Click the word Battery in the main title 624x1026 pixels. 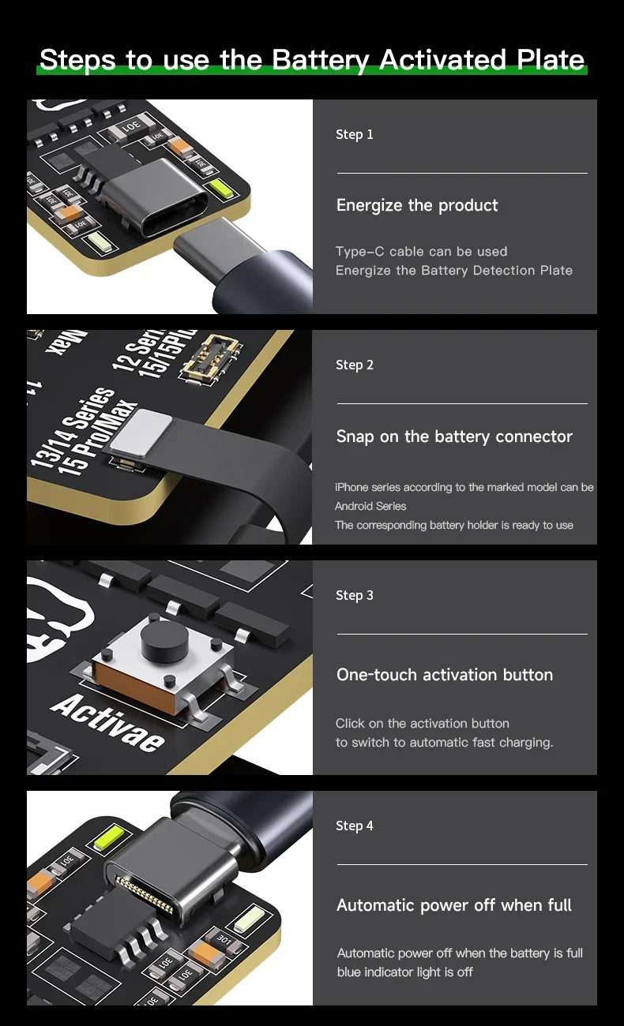[320, 61]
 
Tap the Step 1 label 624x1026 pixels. [355, 135]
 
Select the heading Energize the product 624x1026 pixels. [417, 206]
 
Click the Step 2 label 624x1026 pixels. [355, 365]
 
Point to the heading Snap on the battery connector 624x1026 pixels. [454, 436]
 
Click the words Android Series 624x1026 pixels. [370, 506]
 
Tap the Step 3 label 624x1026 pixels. [355, 595]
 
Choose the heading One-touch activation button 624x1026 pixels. [444, 675]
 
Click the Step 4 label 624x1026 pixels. [355, 826]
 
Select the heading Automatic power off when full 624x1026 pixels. [454, 905]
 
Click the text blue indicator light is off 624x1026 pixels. [405, 972]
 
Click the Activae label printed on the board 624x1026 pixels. [107, 723]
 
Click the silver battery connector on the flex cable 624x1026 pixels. [141, 433]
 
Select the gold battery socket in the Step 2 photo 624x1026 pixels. [212, 358]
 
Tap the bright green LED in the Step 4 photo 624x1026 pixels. [110, 837]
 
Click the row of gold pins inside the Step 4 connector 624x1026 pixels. [144, 894]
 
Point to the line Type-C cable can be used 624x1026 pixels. [421, 252]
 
